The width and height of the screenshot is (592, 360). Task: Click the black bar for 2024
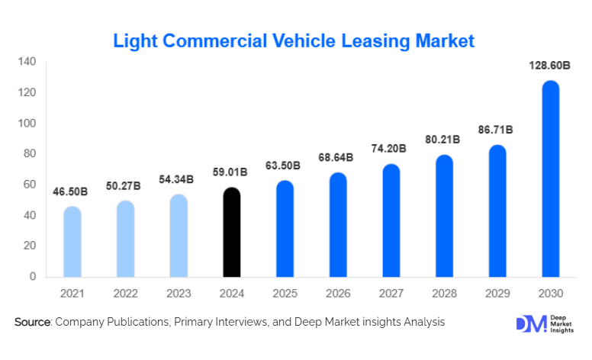pos(231,233)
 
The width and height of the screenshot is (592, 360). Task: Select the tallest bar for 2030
pos(550,179)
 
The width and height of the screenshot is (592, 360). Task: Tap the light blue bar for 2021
pos(72,242)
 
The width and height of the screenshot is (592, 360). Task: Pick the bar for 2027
pos(391,220)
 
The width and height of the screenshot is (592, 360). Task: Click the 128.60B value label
pos(550,66)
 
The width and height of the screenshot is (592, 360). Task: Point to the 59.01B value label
pos(231,172)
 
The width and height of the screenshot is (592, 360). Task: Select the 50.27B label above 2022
pos(125,186)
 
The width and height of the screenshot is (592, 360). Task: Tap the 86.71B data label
pos(497,130)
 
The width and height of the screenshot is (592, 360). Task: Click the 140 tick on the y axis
pos(27,62)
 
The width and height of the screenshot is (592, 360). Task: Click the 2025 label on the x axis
pos(285,293)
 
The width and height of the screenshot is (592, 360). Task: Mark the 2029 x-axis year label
pos(497,293)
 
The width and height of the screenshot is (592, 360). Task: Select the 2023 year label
pos(179,293)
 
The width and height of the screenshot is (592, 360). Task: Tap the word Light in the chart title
pos(132,40)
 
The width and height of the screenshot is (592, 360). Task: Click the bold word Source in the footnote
pos(32,323)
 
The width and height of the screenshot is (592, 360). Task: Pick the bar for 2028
pos(444,216)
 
